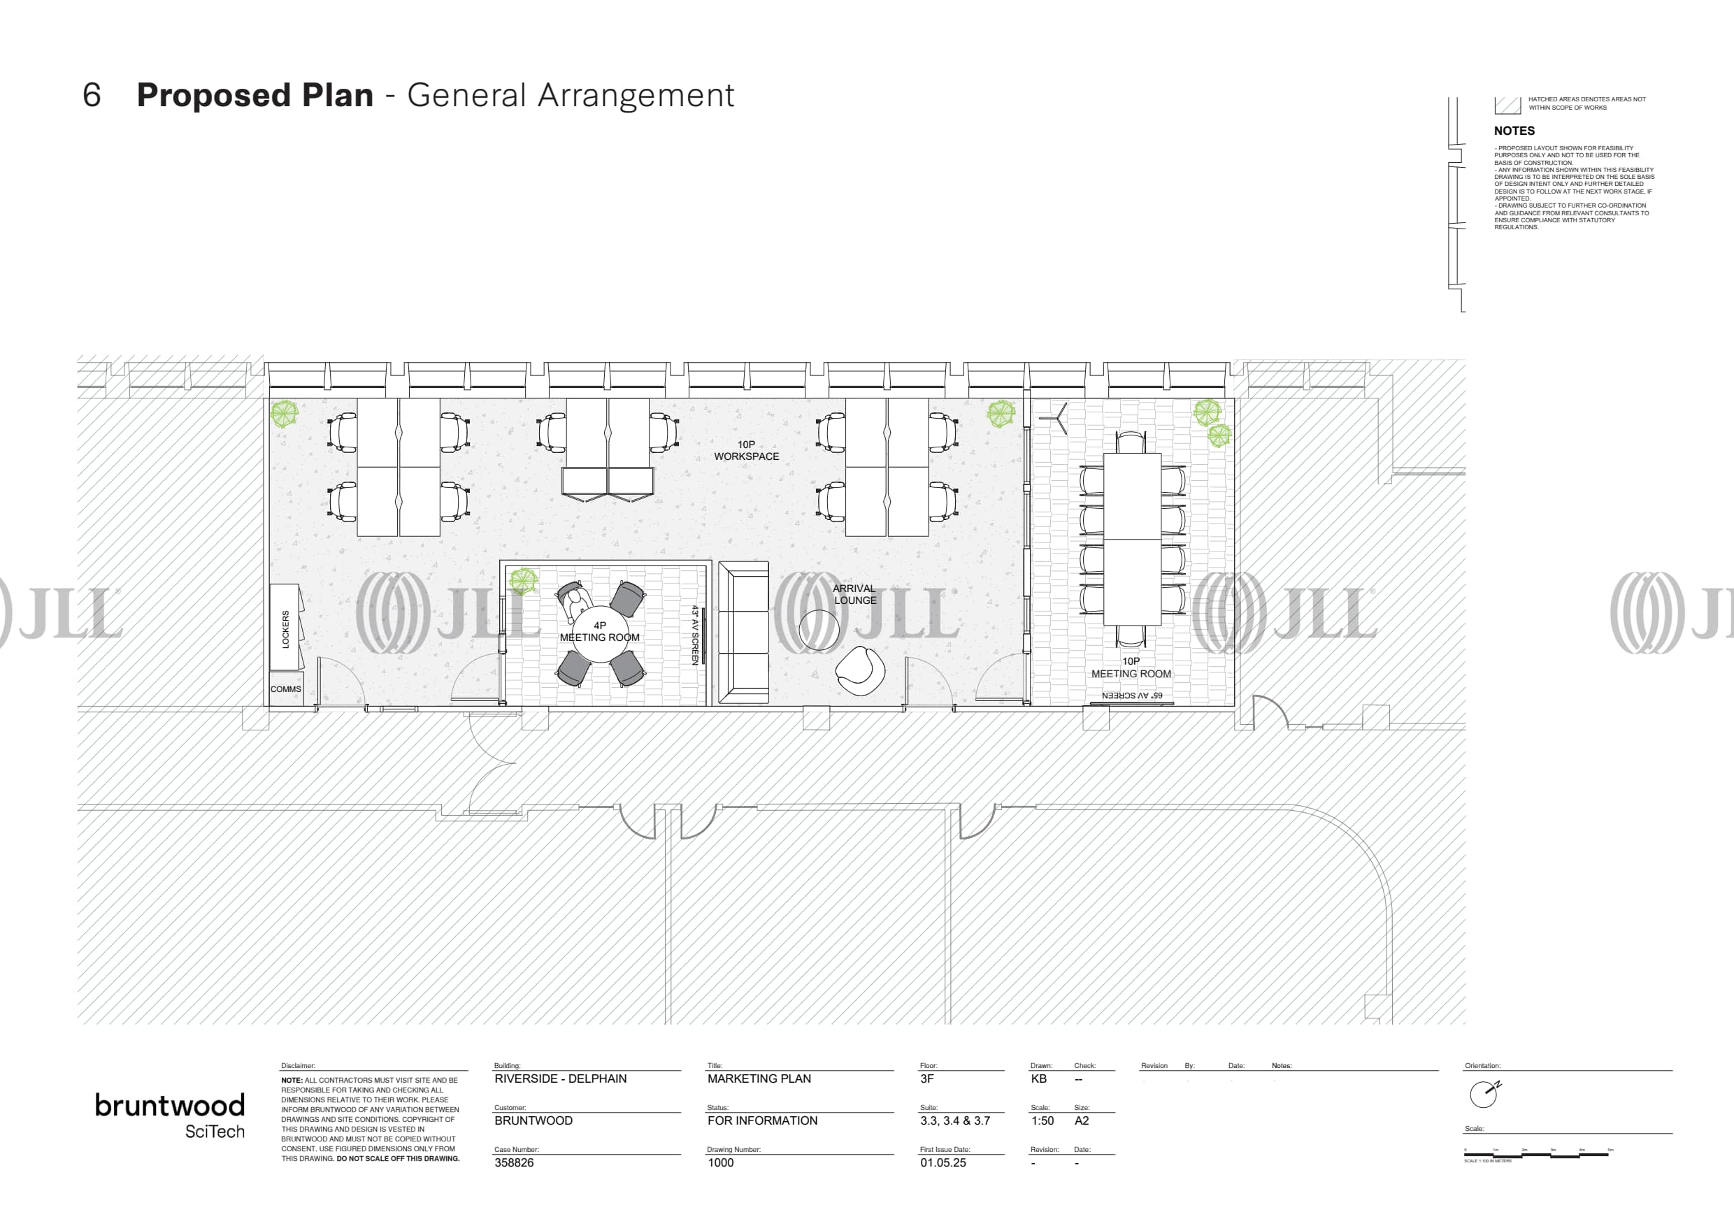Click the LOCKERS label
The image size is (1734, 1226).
coord(285,630)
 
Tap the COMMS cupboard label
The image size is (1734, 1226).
coord(285,689)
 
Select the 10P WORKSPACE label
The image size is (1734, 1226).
coord(746,451)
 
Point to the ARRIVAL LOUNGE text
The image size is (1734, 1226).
coord(855,594)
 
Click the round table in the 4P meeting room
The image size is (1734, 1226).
coord(600,634)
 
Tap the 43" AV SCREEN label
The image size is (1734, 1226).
coord(696,635)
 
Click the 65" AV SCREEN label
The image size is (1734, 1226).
coord(1132,695)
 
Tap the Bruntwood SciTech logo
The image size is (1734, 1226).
coord(170,1114)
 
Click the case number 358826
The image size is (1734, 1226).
coord(515,1162)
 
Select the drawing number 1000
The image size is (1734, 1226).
coord(720,1162)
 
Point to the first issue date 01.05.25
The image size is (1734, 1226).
coord(943,1162)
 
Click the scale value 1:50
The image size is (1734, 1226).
coord(1042,1121)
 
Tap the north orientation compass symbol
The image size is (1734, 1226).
coord(1484,1094)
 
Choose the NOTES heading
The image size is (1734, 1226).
coord(1514,131)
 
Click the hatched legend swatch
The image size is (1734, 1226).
coord(1507,105)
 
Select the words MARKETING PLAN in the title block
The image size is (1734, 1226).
coord(759,1079)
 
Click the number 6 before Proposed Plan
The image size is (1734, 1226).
coord(92,96)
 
